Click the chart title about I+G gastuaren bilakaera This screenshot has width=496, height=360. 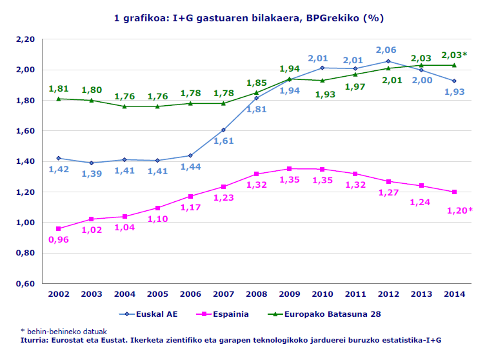tap(248, 18)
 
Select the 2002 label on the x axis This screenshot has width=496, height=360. tap(59, 294)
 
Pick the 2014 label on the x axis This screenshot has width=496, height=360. tap(454, 294)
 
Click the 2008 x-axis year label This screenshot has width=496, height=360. tap(256, 294)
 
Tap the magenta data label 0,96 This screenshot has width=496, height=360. tap(59, 240)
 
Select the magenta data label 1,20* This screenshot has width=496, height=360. tap(460, 210)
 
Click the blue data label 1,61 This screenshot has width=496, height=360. tap(223, 141)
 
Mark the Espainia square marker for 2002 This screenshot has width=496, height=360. tap(59, 228)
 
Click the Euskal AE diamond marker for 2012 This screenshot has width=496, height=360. tap(388, 61)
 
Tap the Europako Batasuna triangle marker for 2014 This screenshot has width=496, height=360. tap(454, 65)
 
